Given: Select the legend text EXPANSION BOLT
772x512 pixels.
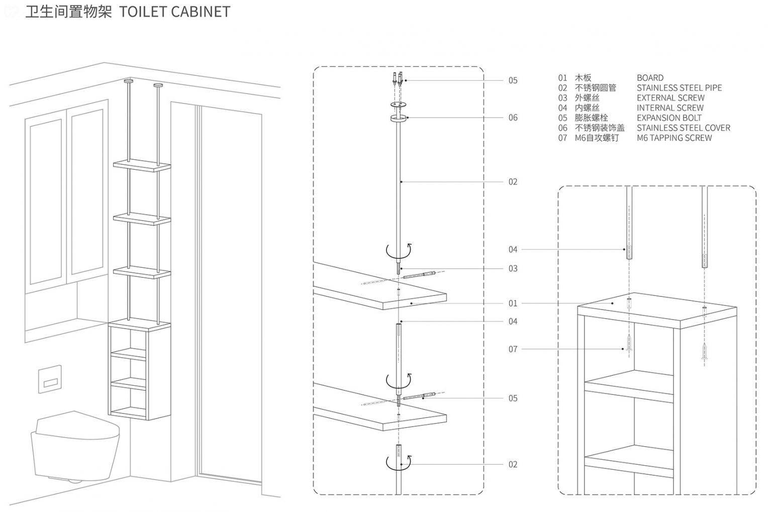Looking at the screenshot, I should [669, 118].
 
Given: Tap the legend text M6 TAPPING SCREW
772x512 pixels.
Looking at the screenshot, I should [674, 138].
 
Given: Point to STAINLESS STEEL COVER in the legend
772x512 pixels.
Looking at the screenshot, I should [683, 128].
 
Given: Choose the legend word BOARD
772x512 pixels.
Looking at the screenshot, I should [650, 78].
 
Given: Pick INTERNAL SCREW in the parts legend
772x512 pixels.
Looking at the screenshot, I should [670, 108].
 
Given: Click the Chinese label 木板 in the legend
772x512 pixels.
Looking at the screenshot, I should [583, 78].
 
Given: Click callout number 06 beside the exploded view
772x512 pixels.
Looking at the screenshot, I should [513, 118].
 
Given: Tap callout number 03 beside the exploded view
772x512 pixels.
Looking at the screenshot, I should [513, 268].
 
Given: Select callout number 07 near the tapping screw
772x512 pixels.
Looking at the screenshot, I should [513, 349].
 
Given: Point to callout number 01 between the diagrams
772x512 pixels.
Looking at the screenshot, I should [513, 303].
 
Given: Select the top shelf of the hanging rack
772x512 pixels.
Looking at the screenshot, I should [142, 165].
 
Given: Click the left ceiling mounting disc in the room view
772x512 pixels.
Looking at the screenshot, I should [129, 80].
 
